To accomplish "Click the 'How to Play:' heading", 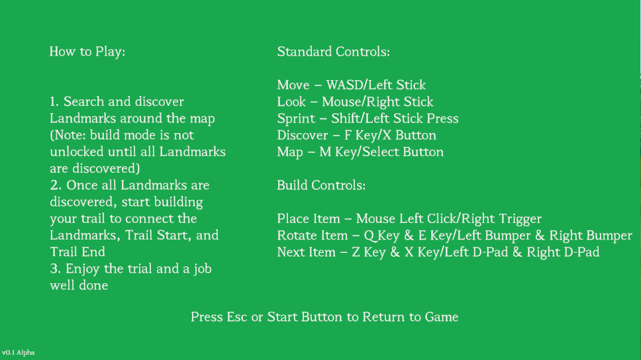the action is pyautogui.click(x=87, y=52).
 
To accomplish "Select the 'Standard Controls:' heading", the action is pyautogui.click(x=333, y=52).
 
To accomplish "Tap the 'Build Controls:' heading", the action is pyautogui.click(x=321, y=185).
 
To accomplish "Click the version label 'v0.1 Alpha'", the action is pyautogui.click(x=18, y=352).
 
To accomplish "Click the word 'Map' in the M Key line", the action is pyautogui.click(x=290, y=152).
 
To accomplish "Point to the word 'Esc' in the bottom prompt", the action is pyautogui.click(x=236, y=317).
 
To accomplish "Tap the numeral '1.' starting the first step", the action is pyautogui.click(x=55, y=102).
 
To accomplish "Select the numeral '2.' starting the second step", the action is pyautogui.click(x=56, y=185).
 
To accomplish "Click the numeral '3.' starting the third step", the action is pyautogui.click(x=56, y=269).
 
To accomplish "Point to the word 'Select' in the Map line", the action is pyautogui.click(x=381, y=152).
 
